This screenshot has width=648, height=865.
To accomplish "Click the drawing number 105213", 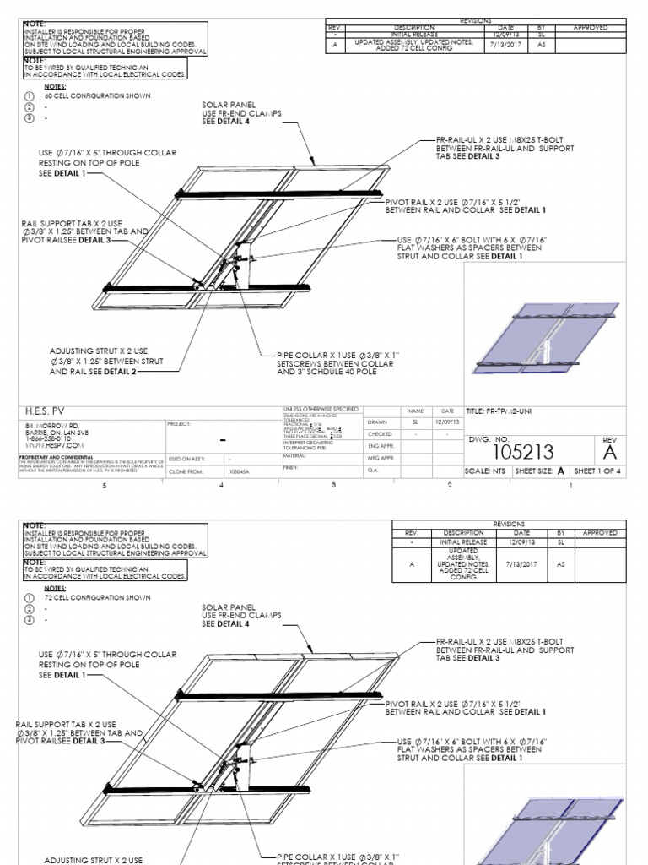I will (509, 453).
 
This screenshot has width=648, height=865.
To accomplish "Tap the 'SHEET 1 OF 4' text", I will (597, 471).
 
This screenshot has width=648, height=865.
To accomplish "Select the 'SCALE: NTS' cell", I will (487, 471).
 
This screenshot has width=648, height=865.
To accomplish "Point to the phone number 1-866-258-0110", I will (48, 438).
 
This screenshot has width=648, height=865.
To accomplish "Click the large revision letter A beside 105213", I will (609, 454).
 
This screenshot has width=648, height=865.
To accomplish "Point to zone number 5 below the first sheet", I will (105, 486).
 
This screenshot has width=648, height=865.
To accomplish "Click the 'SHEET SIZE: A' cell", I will (540, 471).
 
